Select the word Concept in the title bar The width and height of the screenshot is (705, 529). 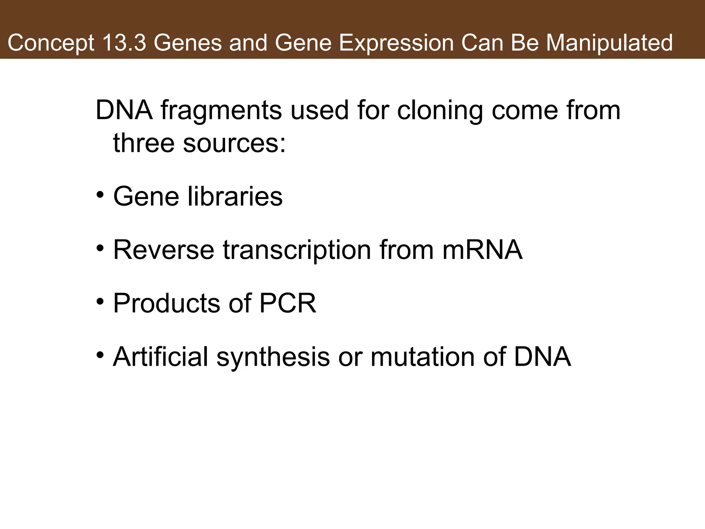pos(51,43)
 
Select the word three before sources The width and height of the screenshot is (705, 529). pos(144,143)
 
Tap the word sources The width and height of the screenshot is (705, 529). pos(234,143)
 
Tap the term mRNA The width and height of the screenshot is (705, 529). pos(482,250)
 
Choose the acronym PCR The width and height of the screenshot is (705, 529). pos(287,303)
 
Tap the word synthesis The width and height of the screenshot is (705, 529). pos(273,357)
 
